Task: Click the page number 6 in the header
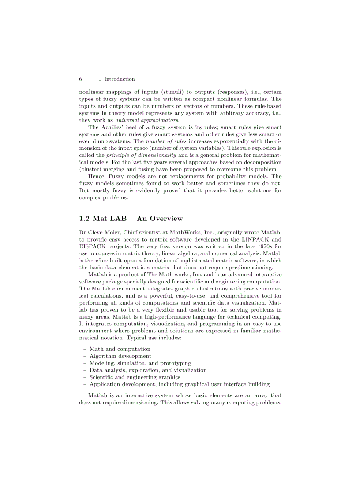click(81, 79)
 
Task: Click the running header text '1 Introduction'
click(116, 79)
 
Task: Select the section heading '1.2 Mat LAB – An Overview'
click(131, 219)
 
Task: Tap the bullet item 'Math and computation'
click(120, 349)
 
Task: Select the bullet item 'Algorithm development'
click(120, 356)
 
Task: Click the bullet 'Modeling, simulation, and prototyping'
click(140, 363)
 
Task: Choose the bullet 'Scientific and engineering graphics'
click(135, 377)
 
